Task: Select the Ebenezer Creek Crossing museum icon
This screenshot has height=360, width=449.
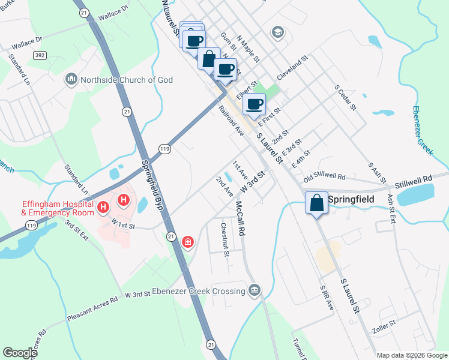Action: pyautogui.click(x=255, y=291)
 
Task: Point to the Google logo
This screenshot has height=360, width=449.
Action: pyautogui.click(x=20, y=353)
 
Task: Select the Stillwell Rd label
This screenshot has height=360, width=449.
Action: pyautogui.click(x=414, y=179)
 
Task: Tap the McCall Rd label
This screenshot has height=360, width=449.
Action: pyautogui.click(x=240, y=217)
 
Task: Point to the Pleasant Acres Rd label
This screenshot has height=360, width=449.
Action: pyautogui.click(x=92, y=308)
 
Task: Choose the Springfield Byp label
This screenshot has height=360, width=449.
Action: pyautogui.click(x=154, y=184)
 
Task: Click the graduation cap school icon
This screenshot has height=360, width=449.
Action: pyautogui.click(x=277, y=31)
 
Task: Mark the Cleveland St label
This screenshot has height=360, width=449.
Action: pyautogui.click(x=292, y=68)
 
